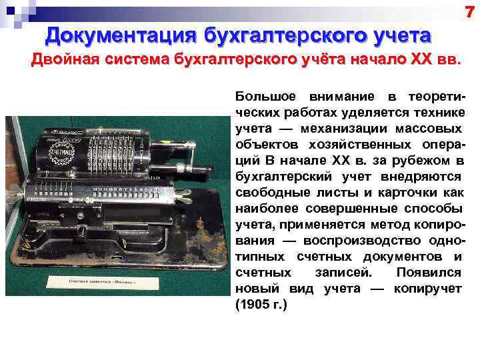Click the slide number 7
(x=470, y=10)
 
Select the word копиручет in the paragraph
(x=428, y=289)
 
